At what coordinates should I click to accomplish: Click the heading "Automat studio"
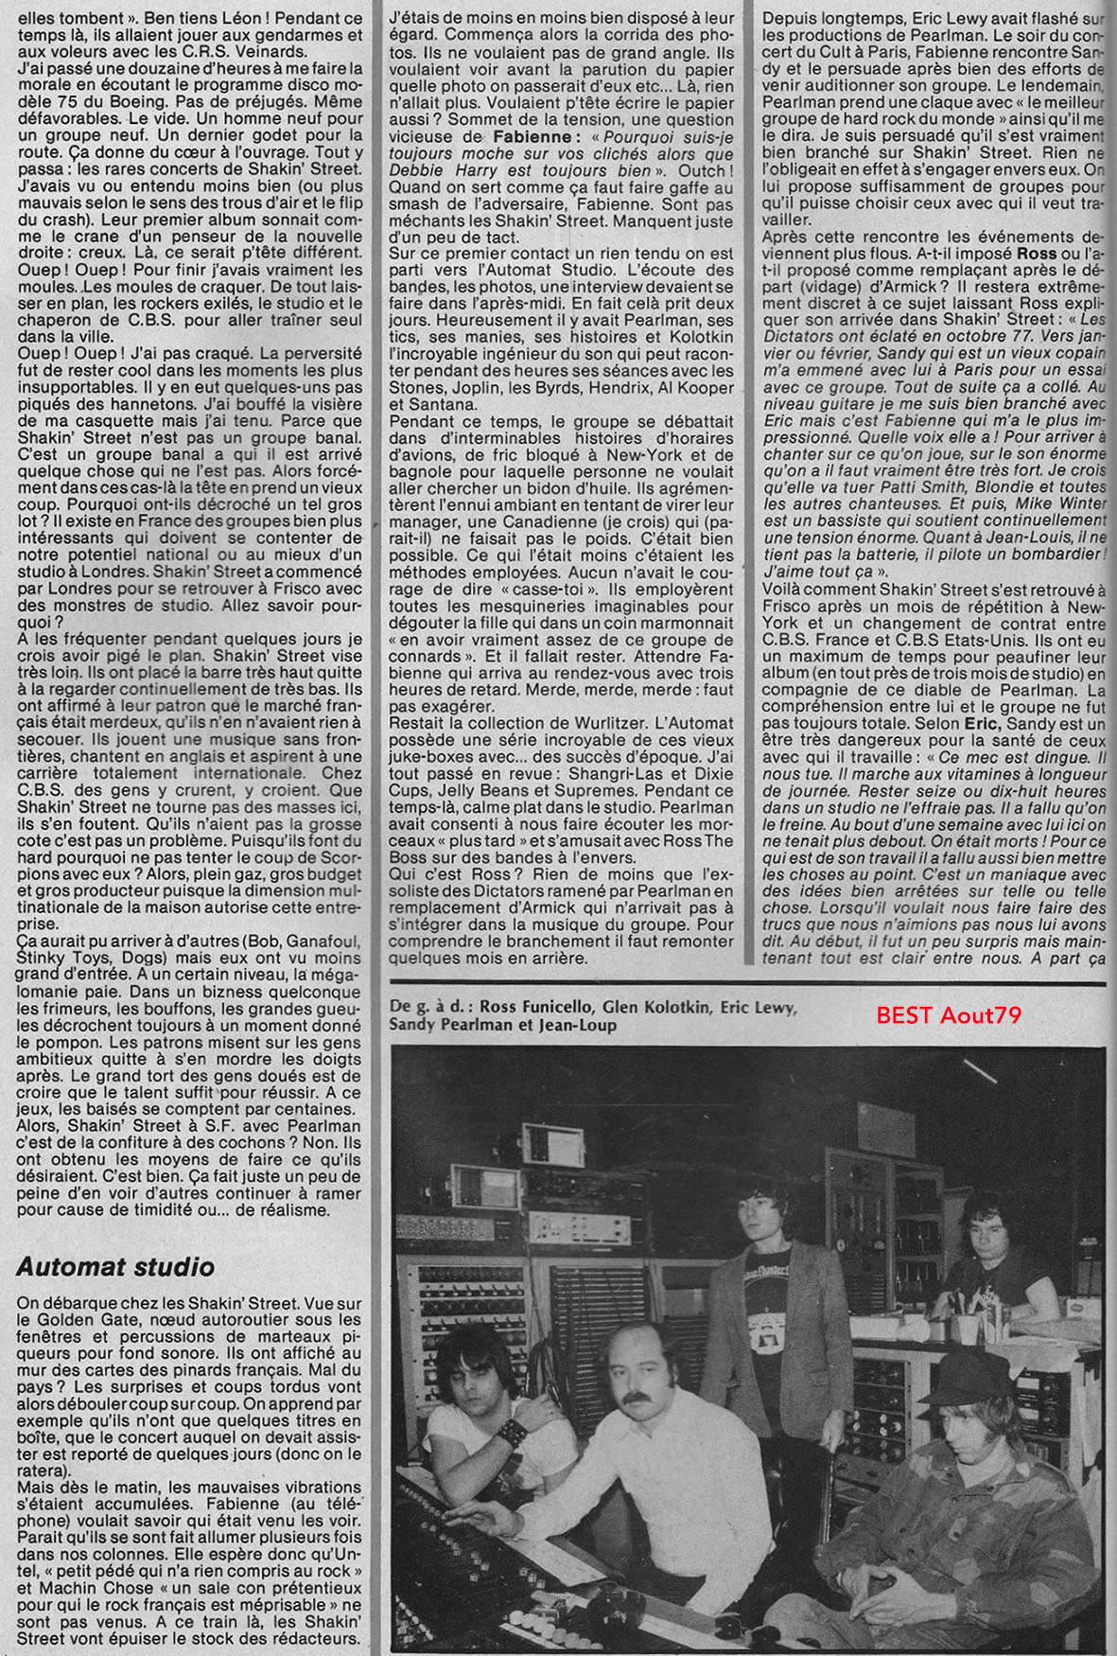pyautogui.click(x=115, y=1266)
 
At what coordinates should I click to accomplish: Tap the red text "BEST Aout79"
pyautogui.click(x=948, y=1015)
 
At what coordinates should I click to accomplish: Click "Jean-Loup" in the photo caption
pyautogui.click(x=577, y=1025)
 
